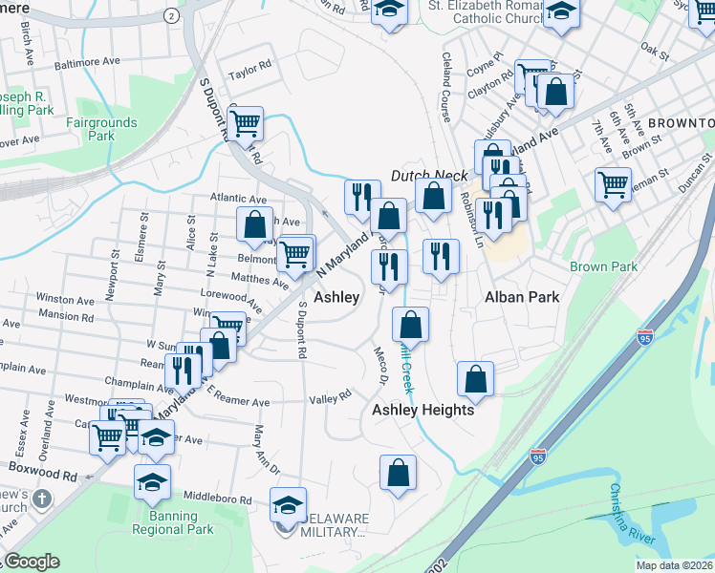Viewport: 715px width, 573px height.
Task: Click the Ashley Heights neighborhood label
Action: (x=422, y=410)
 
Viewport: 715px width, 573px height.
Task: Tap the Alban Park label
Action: (x=521, y=297)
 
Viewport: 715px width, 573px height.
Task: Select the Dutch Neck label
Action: (x=429, y=176)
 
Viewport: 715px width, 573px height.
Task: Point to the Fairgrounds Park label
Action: (x=101, y=129)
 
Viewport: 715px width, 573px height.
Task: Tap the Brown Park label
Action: (x=603, y=266)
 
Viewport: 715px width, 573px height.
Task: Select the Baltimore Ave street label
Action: (x=87, y=61)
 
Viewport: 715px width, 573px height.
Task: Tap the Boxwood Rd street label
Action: (x=43, y=474)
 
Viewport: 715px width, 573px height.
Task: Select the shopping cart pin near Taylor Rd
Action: (x=246, y=121)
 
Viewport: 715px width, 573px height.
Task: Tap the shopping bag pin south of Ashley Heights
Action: (x=398, y=471)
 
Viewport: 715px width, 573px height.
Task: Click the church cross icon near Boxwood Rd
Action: (x=41, y=499)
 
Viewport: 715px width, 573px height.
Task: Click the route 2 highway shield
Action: (x=171, y=15)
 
